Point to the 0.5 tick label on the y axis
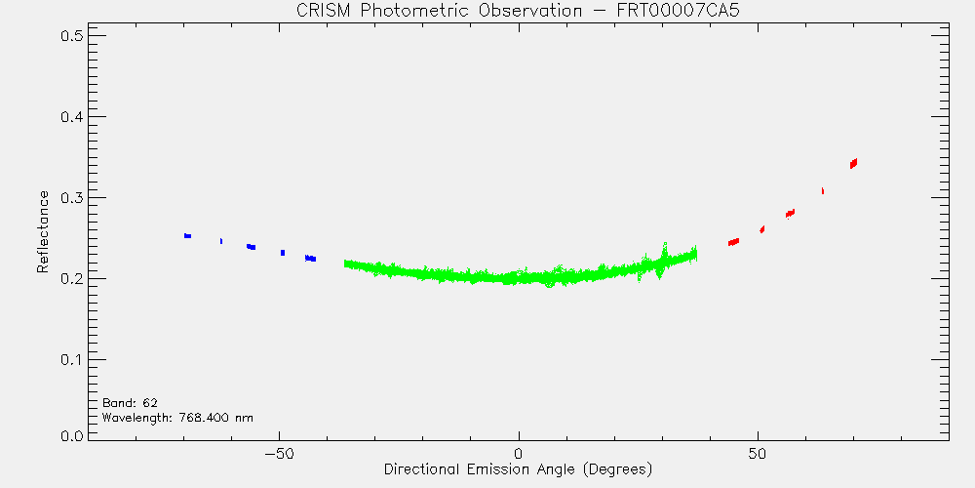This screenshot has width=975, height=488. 72,35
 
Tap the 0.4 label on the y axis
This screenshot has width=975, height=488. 72,116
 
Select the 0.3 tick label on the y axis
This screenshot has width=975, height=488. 72,197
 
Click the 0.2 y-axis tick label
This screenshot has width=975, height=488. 72,278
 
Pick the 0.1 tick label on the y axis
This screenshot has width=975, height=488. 72,359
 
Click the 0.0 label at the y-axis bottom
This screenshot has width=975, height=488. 72,435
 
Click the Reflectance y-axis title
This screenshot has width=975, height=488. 42,231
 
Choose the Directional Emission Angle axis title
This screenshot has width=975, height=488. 518,468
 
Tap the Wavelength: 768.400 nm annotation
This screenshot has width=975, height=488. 177,417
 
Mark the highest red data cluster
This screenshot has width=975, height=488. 854,163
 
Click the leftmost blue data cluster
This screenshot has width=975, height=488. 187,236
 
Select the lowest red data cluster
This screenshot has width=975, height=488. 734,241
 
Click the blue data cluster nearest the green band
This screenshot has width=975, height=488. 310,259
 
